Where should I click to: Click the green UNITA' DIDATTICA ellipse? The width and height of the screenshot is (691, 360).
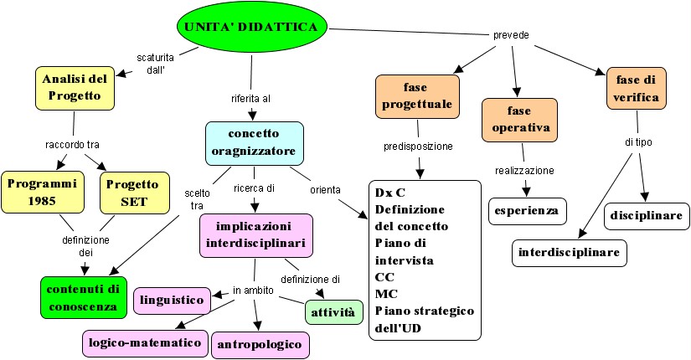pos(250,28)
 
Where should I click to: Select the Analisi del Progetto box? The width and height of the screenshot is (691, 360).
pos(74,88)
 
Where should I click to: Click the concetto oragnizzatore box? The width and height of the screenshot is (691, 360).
pos(254,144)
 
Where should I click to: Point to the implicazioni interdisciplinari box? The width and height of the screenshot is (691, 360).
pos(255,235)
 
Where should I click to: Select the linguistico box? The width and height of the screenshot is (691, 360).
pos(173,299)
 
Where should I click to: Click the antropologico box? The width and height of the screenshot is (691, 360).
pos(260,344)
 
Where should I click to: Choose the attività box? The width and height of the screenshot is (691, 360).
pos(333,312)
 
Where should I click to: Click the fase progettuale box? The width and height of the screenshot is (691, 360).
pos(416,96)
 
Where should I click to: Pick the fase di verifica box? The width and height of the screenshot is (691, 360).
pos(637,89)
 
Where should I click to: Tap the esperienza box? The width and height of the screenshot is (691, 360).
pos(526,210)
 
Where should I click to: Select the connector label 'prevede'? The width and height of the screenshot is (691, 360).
pos(509,35)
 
